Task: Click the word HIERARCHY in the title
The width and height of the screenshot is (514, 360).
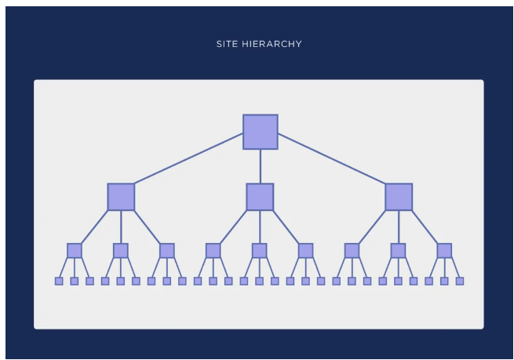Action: [272, 44]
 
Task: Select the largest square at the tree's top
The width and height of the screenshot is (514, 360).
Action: [261, 132]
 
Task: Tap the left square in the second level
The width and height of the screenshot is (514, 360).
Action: [121, 197]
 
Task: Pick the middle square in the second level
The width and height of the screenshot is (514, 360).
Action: [260, 197]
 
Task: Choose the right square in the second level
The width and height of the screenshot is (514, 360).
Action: [399, 197]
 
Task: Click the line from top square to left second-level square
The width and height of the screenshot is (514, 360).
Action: [188, 158]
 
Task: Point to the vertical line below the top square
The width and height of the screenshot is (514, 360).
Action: [261, 166]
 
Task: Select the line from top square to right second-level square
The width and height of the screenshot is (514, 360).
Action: [332, 158]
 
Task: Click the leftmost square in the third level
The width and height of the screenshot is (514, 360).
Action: [75, 251]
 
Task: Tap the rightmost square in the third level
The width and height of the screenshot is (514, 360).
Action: [444, 251]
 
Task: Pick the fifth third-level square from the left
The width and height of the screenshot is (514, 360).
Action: [259, 251]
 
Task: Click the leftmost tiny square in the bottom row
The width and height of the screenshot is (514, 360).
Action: [59, 281]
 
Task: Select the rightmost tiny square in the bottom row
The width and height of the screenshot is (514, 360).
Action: [460, 281]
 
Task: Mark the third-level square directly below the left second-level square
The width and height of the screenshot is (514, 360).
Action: [121, 251]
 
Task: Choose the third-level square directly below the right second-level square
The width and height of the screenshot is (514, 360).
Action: [399, 251]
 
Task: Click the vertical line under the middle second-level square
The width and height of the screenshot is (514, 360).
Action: [260, 227]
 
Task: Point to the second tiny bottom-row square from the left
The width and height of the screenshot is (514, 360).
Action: [75, 281]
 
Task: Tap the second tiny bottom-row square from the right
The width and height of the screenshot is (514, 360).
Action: [444, 281]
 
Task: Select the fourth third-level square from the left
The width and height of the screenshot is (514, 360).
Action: [213, 251]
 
